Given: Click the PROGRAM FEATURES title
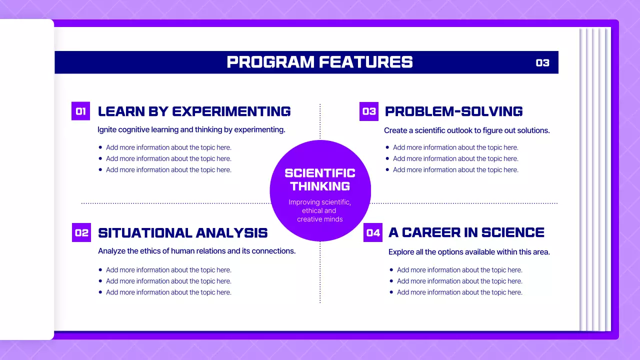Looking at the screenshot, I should coord(320,62).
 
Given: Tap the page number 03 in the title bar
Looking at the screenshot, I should coord(542,63).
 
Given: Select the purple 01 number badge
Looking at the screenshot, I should coord(80,111).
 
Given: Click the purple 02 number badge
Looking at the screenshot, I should coord(81,232).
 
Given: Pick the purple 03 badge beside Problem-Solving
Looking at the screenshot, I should coord(369,111).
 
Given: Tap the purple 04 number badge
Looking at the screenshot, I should coord(373,232).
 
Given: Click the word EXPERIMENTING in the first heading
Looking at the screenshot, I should coord(231,111).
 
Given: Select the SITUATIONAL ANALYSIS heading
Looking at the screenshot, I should coord(182,233).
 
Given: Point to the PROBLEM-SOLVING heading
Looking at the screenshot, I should coord(453,111).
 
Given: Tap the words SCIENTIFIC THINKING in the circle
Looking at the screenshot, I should coord(320,179).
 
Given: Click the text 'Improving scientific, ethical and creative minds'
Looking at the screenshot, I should coord(320,210).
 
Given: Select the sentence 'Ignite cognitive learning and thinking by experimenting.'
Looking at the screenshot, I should coord(191,129).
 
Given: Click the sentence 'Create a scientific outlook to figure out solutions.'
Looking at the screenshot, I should coord(466,130).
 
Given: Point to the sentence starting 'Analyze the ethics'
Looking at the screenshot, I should coord(196,251).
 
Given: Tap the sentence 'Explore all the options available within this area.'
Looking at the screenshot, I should coord(468,252).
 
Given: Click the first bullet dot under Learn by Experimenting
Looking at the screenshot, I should coord(100,147).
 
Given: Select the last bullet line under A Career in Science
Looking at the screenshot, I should coord(459,292).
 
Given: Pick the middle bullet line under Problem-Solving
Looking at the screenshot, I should coord(455,158).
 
